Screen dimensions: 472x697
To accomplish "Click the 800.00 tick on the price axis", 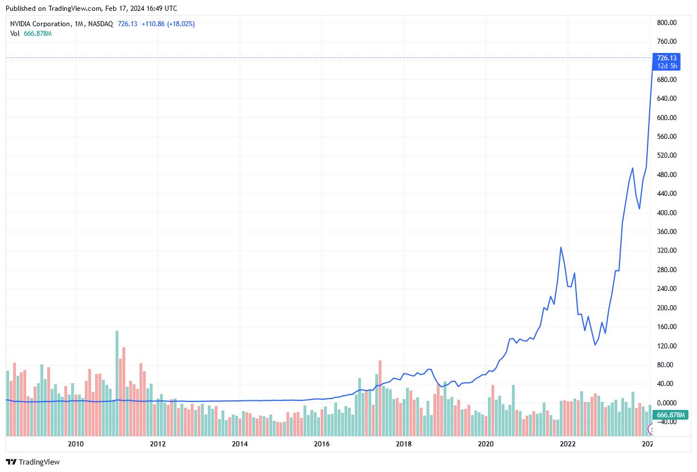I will tap(666, 23).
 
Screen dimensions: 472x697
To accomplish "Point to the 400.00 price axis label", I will tap(666, 213).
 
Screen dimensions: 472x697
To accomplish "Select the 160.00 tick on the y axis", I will tap(666, 327).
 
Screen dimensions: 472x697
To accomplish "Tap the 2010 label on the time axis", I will tap(76, 444).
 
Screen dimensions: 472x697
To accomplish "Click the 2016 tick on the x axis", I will tap(322, 444).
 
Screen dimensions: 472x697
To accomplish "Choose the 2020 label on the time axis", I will tap(486, 444).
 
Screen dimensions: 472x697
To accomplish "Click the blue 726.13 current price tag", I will tap(666, 58).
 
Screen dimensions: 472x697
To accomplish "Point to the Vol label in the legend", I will tap(15, 34).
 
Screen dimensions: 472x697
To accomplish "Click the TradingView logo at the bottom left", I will tap(32, 462).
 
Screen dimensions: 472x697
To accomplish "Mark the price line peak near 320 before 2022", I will tap(561, 247).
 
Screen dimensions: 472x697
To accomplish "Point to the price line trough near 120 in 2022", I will tap(595, 344).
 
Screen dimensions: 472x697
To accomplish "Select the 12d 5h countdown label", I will tap(666, 66).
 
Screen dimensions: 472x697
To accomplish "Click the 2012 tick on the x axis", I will tap(158, 444).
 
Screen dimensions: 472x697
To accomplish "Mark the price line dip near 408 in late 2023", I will tap(639, 208).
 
